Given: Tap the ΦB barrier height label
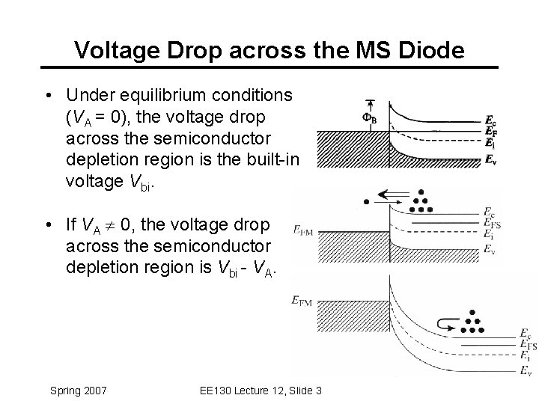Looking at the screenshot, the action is pyautogui.click(x=370, y=117).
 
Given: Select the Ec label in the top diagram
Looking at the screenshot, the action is pyautogui.click(x=490, y=120).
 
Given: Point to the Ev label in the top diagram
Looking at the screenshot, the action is pyautogui.click(x=490, y=158).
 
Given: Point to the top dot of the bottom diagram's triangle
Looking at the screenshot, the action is pyautogui.click(x=472, y=312).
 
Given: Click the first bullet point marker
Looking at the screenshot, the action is pyautogui.click(x=48, y=97).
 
